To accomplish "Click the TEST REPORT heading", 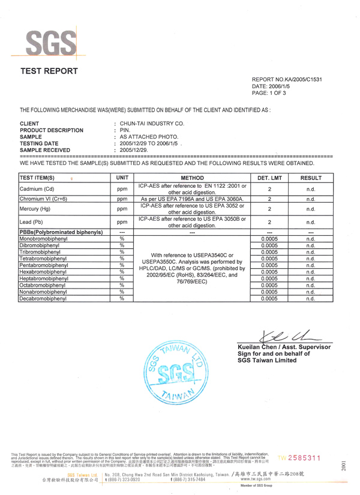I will (x=49, y=71).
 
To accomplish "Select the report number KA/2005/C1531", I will (x=287, y=79).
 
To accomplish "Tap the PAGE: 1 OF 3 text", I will (x=269, y=94).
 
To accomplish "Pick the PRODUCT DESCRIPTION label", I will (x=52, y=130).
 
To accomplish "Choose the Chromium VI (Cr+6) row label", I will (x=43, y=199).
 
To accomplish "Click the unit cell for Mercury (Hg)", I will (x=122, y=209).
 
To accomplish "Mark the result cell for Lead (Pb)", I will (x=311, y=222).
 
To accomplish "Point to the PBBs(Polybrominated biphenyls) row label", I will (x=60, y=232).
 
